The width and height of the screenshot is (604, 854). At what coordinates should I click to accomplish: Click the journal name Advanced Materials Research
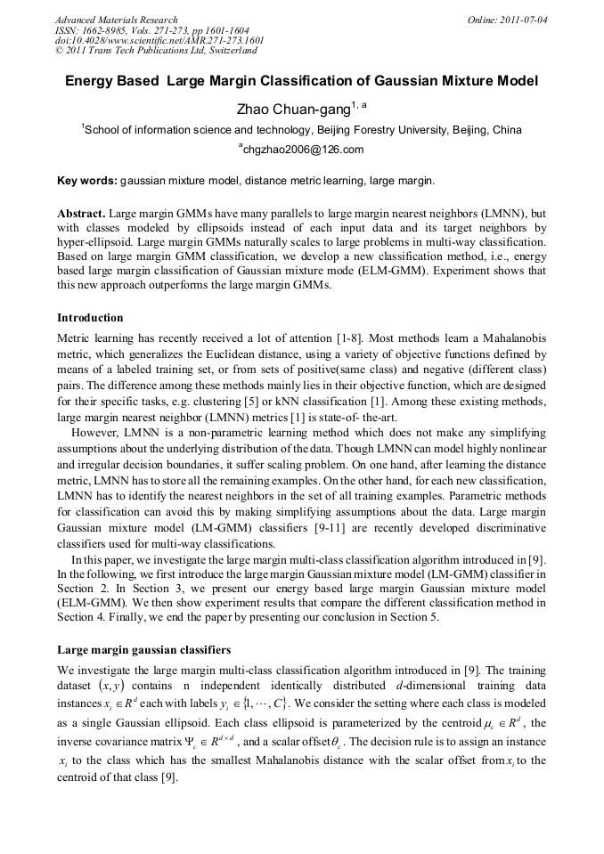(x=116, y=20)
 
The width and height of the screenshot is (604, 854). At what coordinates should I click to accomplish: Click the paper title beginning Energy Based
(x=302, y=81)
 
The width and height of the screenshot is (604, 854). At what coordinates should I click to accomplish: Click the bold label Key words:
(x=86, y=181)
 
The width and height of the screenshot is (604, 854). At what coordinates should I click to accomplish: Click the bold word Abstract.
(x=82, y=215)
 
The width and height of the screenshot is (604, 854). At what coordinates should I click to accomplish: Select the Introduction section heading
(x=90, y=317)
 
